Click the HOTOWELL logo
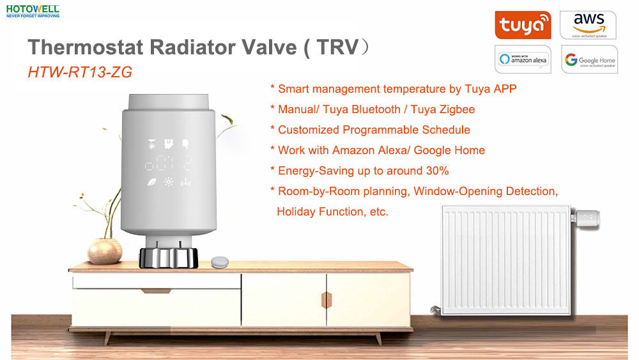(33, 12)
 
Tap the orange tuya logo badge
(523, 25)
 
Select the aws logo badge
(588, 25)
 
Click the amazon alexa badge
(523, 59)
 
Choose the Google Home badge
(589, 59)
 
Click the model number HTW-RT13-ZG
(80, 72)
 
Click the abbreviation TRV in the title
(337, 47)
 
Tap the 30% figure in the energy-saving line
(437, 171)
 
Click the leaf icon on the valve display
(151, 182)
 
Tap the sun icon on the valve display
(168, 182)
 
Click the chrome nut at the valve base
(168, 258)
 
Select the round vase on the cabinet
(105, 251)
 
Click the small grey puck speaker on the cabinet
(220, 262)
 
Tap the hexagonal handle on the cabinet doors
(327, 300)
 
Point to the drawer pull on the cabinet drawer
(156, 291)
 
